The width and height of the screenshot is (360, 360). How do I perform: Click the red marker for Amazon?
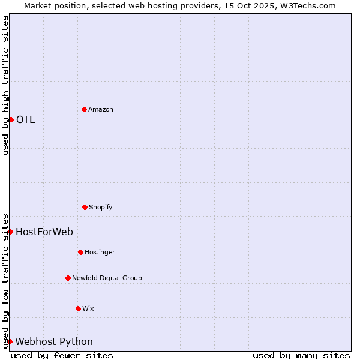pos(84,109)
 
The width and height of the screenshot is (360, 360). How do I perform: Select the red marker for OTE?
pos(11,119)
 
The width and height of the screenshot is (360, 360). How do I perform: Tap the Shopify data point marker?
pos(85,207)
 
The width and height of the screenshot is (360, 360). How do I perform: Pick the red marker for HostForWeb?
pos(10,232)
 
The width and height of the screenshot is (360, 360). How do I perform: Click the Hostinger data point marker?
pos(80,252)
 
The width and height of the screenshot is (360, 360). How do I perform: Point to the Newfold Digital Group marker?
pos(68,278)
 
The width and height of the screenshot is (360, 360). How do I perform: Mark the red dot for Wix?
pos(78,308)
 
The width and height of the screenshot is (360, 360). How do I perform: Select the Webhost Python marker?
pos(10,341)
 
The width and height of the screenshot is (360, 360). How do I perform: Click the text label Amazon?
pos(101,109)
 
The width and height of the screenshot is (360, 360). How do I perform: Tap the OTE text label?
pos(26,119)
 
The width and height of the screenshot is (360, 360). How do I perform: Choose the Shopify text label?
pos(101,207)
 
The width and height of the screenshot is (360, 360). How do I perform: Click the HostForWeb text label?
pos(44,232)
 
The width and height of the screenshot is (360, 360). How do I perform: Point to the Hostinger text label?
pos(100,252)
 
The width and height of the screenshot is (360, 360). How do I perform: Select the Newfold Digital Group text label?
pos(107,278)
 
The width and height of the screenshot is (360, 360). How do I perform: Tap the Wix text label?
pos(88,308)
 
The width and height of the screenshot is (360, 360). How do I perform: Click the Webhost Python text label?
pos(54,341)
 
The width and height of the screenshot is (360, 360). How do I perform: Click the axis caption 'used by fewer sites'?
pos(62,355)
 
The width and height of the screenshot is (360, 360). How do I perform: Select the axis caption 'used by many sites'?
pos(301,355)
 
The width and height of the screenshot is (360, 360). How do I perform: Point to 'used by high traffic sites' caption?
pos(5,85)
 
